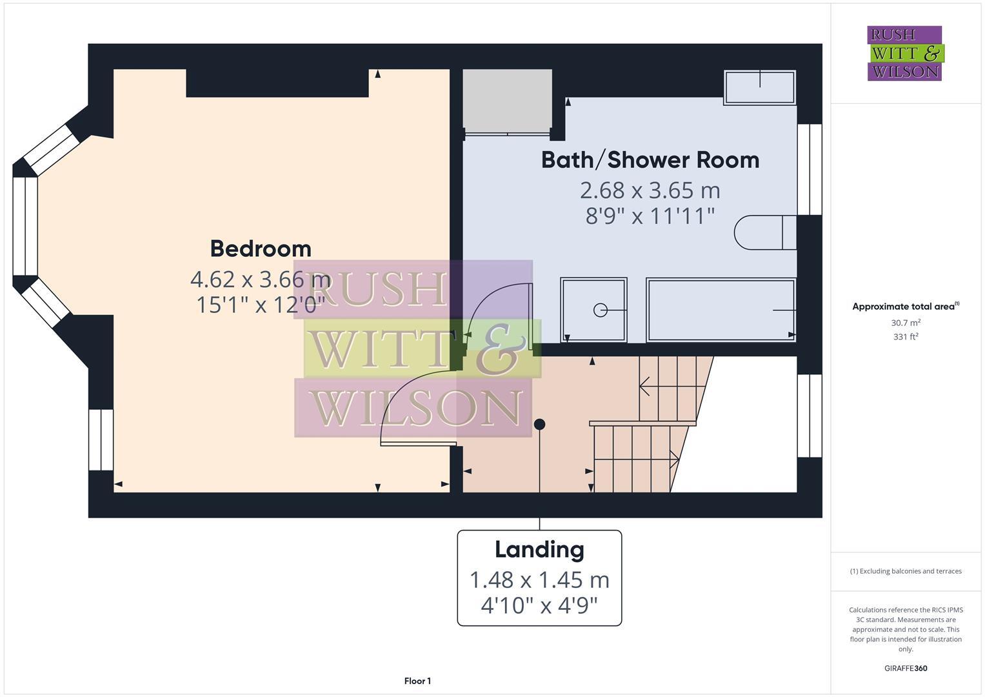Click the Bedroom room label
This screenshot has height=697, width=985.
pos(261,248)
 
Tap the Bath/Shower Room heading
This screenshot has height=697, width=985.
pos(650,160)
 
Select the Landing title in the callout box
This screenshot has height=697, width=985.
pos(539,550)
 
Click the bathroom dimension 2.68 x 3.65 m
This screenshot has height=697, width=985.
pos(650,190)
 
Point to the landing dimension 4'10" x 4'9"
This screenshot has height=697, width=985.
pos(539,605)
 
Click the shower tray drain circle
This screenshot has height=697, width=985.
pos(600,310)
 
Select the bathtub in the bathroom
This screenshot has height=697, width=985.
pos(721,310)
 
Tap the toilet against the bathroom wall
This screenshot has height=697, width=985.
pos(765,232)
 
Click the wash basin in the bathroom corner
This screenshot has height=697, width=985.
pos(760,87)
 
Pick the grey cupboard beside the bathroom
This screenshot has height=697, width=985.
pos(508,100)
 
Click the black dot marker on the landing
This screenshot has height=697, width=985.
pos(539,424)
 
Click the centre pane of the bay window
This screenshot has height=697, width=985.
pos(25,226)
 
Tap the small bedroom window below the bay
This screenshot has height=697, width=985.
pos(101,439)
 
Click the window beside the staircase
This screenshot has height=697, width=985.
pos(810,416)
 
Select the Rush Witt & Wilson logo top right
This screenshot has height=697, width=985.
pos(904,54)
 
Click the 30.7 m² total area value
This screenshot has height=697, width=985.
pos(905,323)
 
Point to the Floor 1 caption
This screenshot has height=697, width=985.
pos(417,681)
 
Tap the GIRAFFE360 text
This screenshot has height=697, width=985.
pos(905,668)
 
